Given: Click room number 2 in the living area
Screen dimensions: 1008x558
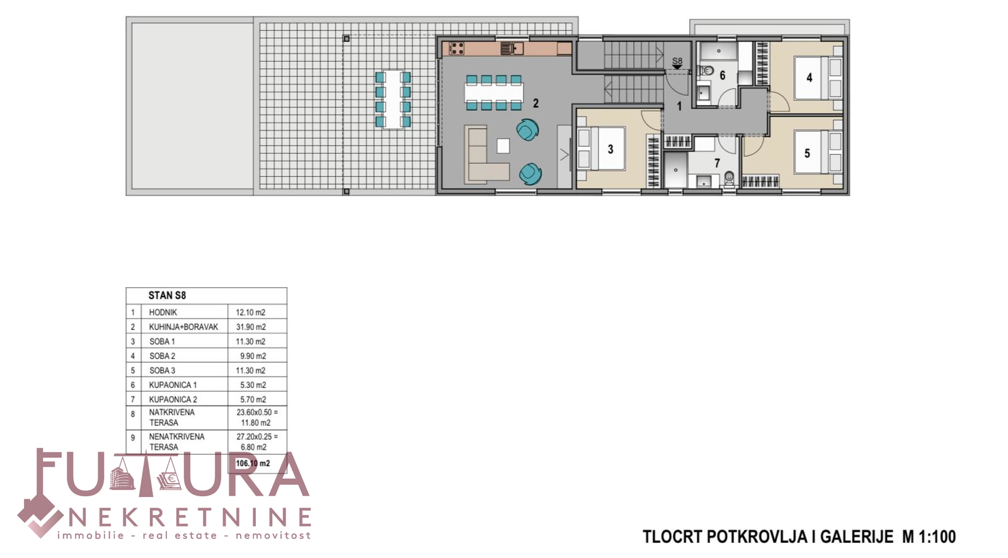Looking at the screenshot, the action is [535, 103].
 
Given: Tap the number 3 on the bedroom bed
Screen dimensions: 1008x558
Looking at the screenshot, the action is [610, 149].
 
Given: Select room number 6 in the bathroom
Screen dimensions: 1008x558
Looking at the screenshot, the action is [722, 75].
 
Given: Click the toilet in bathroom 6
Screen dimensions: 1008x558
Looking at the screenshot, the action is [706, 70].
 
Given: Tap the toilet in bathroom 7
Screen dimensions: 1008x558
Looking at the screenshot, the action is [729, 179].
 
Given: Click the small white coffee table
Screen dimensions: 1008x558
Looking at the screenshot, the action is [503, 146].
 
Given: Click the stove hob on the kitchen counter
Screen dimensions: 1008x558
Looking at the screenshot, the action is [457, 48].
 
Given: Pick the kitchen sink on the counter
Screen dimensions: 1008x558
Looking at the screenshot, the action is [512, 48].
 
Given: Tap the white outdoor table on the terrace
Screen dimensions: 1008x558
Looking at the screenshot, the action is [393, 100].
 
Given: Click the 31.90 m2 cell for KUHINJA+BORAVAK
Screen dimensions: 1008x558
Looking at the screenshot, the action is [251, 327].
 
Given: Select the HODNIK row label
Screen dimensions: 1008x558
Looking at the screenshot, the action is [163, 312].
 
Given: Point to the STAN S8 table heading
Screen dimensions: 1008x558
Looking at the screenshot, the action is [167, 295].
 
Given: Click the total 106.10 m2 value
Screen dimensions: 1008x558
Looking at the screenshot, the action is [253, 463].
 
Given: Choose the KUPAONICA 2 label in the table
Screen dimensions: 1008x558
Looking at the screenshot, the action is [173, 399].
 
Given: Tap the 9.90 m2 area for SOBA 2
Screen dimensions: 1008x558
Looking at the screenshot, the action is [253, 356].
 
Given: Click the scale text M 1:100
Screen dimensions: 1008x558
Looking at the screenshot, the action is [929, 537].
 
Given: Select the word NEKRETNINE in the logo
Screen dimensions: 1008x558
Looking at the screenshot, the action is [190, 518].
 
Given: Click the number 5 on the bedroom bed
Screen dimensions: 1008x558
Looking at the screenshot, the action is [807, 154].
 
